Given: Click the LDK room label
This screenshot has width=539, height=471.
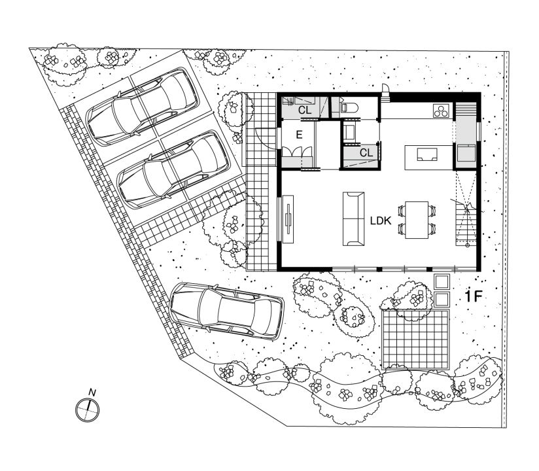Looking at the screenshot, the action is pos(381,220).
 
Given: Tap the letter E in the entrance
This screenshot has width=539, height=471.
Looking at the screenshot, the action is pos(299,135).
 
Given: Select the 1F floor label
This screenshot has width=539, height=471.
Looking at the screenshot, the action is pos(474,296).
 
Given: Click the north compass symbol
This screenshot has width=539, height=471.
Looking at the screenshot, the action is pos(87,410).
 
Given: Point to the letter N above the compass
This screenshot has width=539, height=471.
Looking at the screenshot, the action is pos(92,392).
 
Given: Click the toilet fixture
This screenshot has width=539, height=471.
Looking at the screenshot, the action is pos(349,107).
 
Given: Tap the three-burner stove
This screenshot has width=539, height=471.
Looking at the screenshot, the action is pos(441,111).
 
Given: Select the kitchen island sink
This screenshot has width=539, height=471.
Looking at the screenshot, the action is pos(427,154).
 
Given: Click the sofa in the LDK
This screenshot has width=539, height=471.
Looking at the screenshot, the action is pos(353,219).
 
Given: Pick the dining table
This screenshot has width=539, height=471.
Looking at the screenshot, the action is pos(417,220).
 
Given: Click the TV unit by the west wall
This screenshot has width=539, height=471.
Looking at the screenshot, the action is pos(288,219).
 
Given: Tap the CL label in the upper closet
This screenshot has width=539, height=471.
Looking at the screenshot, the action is pos(305,111).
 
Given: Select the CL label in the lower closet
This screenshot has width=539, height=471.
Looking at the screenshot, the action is pos(366,152).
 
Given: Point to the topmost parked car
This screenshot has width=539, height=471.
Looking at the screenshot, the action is pos(143,106).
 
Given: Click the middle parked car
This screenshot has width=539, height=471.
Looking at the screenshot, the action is pos(174,170).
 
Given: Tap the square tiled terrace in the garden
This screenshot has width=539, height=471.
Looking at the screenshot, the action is pos(416,340).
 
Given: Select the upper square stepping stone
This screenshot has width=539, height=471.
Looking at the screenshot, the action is pos(442,282).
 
